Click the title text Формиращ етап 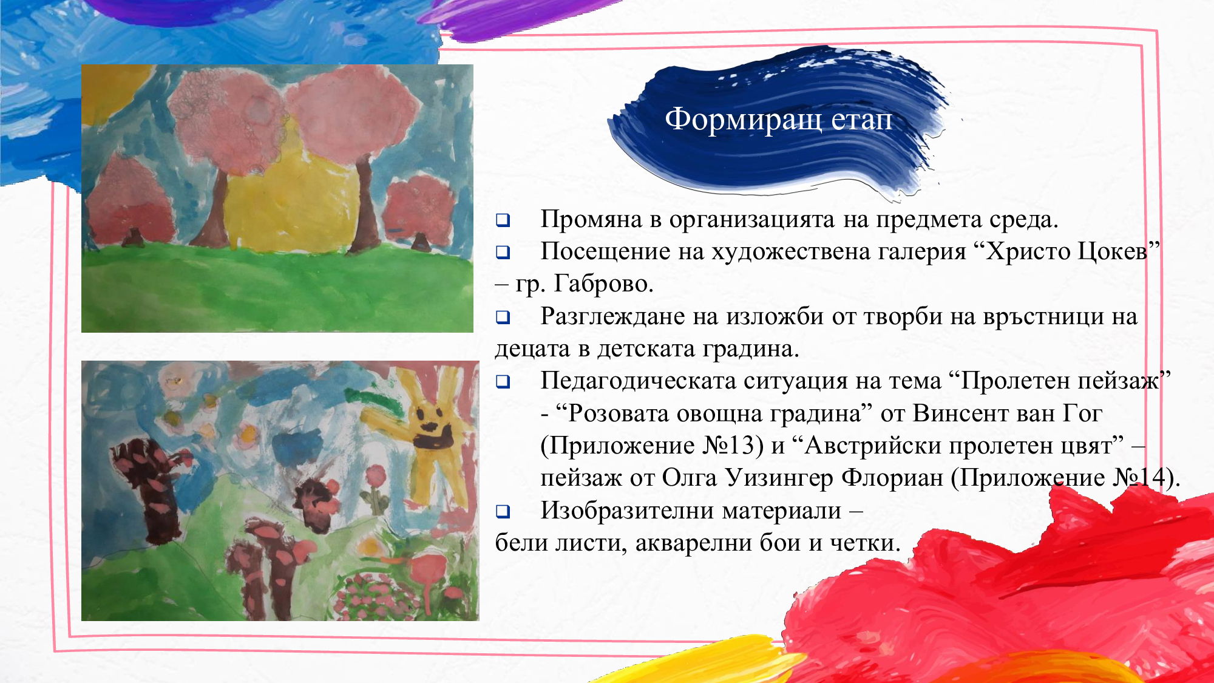pyautogui.click(x=778, y=120)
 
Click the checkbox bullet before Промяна pyautogui.click(x=503, y=220)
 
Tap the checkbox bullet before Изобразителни pyautogui.click(x=503, y=512)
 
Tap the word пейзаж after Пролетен pyautogui.click(x=1119, y=381)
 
